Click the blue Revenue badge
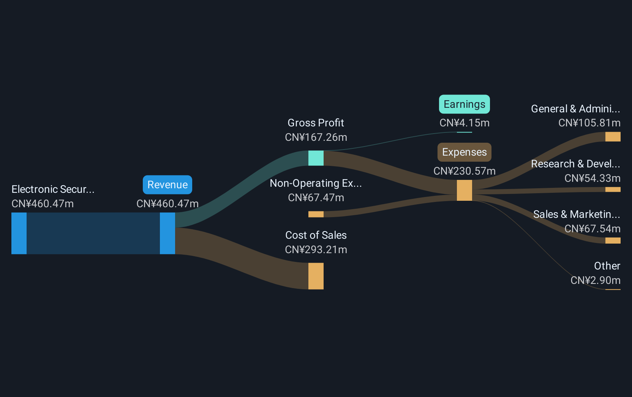click(x=167, y=185)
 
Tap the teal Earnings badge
click(x=464, y=104)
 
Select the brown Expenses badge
click(x=464, y=152)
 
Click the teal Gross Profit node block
click(x=316, y=158)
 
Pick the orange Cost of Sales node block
click(x=316, y=276)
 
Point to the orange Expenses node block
click(x=464, y=190)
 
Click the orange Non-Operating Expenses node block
click(x=316, y=214)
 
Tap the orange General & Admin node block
click(x=613, y=137)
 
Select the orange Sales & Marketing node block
click(x=613, y=240)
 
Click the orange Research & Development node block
click(x=613, y=189)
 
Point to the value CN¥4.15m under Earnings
click(x=464, y=123)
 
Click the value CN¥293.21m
click(x=316, y=250)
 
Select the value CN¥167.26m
click(x=316, y=137)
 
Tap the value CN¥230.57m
click(x=464, y=171)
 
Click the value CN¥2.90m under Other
click(x=595, y=280)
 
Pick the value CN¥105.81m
click(x=589, y=123)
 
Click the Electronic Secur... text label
click(x=53, y=189)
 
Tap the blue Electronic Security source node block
click(x=19, y=233)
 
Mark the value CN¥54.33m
click(x=592, y=178)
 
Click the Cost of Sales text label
click(x=316, y=235)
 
